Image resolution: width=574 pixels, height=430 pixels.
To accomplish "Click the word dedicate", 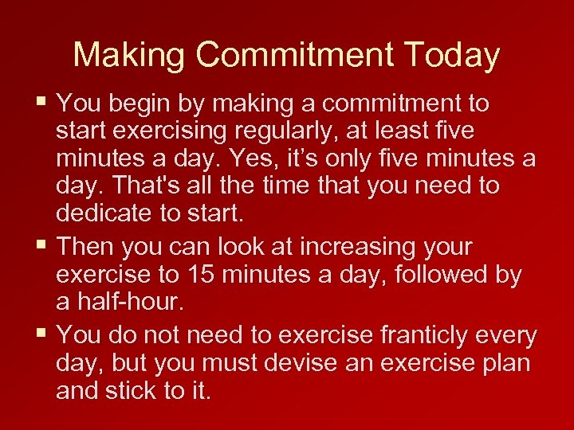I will tap(109, 214).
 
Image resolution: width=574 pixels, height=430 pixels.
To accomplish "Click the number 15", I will tap(199, 275).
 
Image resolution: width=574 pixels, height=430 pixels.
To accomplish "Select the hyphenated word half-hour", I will tap(138, 303).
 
